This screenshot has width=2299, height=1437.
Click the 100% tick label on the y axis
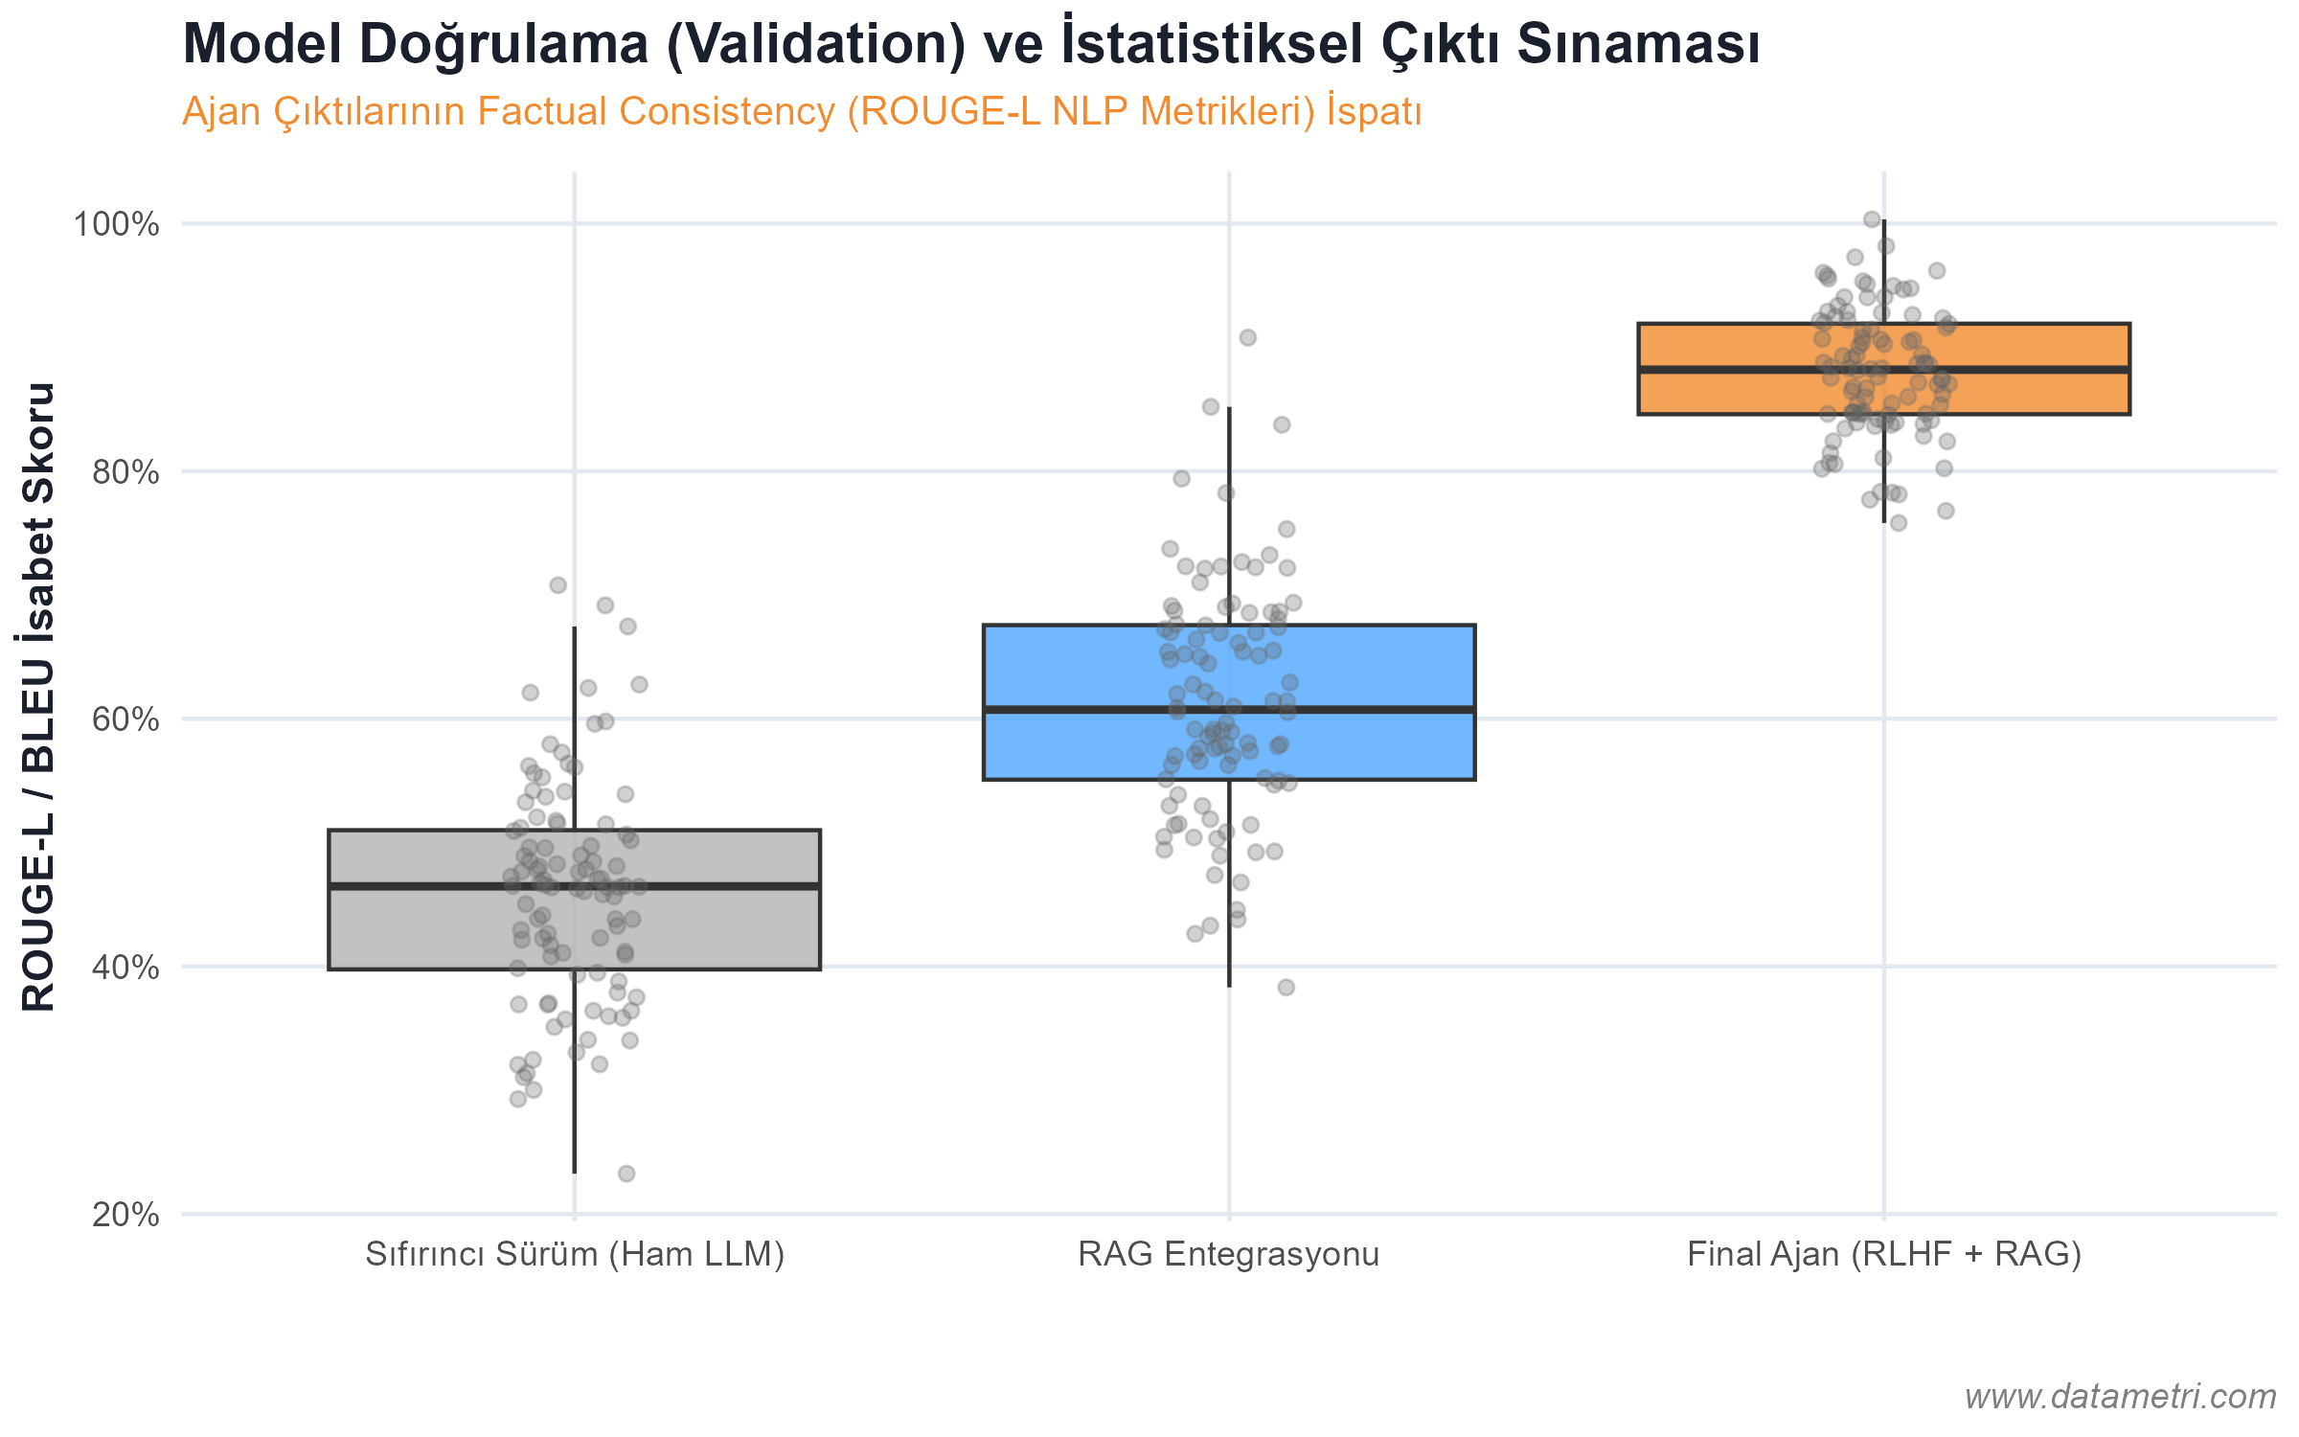pos(116,224)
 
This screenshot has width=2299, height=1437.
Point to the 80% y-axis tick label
pos(125,471)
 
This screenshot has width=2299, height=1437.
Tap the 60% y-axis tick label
pos(125,719)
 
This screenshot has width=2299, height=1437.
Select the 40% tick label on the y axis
pos(125,968)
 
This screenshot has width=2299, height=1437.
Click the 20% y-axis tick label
pos(125,1215)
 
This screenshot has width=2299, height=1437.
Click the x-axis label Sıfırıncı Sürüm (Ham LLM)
pos(575,1254)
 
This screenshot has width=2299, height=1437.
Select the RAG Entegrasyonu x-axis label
pos(1229,1254)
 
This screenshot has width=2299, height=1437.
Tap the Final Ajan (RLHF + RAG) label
pos(1884,1254)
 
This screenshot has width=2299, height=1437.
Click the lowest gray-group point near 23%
pos(626,1174)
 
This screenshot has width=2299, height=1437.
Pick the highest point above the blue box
pos(1247,337)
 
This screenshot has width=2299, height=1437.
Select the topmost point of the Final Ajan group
pos(1872,219)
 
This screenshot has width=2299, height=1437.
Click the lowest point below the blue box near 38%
pos(1286,987)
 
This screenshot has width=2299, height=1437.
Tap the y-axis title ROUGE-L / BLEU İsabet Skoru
pos(38,696)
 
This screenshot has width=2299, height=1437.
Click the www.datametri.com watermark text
pos(2119,1396)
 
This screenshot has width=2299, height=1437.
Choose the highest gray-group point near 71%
pos(558,585)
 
